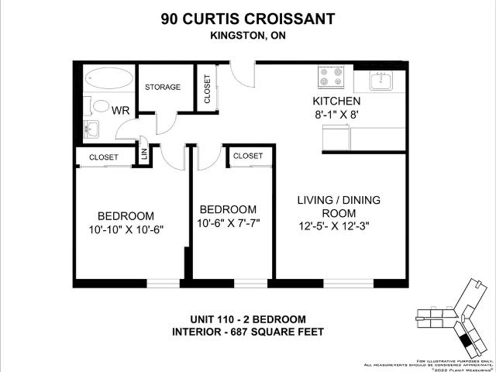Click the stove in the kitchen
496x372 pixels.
(x=331, y=77)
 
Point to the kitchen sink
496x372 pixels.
(x=379, y=79)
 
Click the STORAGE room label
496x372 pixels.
(x=163, y=87)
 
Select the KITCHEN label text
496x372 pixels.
(x=336, y=102)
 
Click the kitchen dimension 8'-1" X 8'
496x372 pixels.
(x=336, y=115)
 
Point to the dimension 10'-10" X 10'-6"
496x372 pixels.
(x=126, y=229)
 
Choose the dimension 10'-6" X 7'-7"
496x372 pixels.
(x=228, y=223)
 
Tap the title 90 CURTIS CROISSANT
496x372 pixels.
(x=247, y=17)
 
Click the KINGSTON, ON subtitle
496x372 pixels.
(x=247, y=34)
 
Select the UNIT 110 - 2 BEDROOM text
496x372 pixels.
(x=248, y=319)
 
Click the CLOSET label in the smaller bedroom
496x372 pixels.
(x=248, y=156)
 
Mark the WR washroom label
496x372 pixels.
(x=120, y=110)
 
